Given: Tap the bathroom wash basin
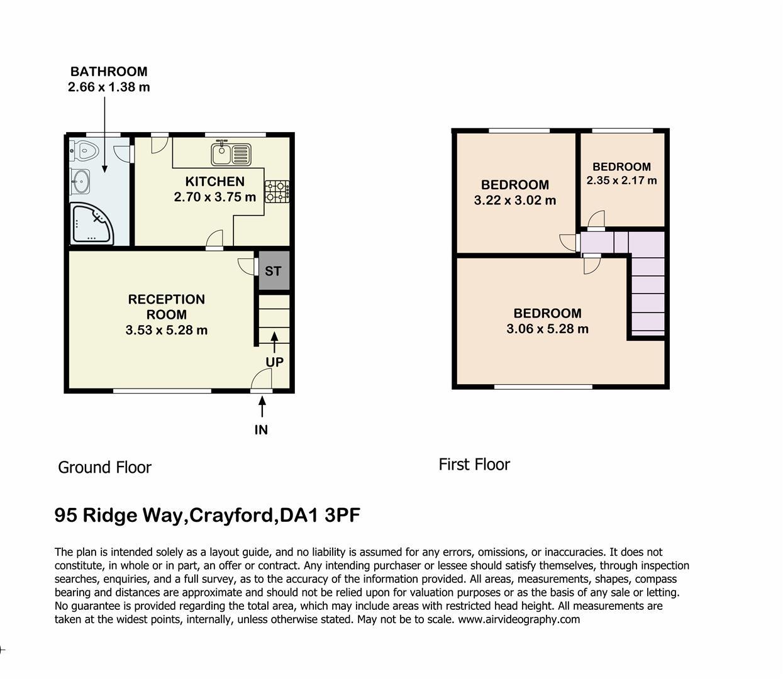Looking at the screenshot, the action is pyautogui.click(x=81, y=181).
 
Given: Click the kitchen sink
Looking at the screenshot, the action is pyautogui.click(x=231, y=155).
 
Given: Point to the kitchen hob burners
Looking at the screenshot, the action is pyautogui.click(x=277, y=192).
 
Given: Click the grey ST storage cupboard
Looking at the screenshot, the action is pyautogui.click(x=274, y=271).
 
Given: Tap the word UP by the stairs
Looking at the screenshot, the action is pyautogui.click(x=274, y=362).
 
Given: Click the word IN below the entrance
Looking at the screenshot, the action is pyautogui.click(x=261, y=430).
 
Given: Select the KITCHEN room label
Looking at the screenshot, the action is pyautogui.click(x=214, y=181).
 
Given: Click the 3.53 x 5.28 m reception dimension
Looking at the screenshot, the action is pyautogui.click(x=167, y=329).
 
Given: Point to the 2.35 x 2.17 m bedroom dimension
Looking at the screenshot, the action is pyautogui.click(x=621, y=180).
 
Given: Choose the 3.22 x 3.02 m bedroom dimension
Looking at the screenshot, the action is pyautogui.click(x=514, y=200).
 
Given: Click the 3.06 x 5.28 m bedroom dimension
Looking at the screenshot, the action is pyautogui.click(x=547, y=329).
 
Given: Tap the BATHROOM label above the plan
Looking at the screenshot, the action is pyautogui.click(x=109, y=72).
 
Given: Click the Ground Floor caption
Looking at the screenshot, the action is pyautogui.click(x=104, y=468).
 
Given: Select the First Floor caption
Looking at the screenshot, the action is pyautogui.click(x=474, y=465).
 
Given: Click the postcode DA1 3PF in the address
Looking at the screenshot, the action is pyautogui.click(x=320, y=515).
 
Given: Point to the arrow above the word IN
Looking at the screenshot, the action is pyautogui.click(x=262, y=407).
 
